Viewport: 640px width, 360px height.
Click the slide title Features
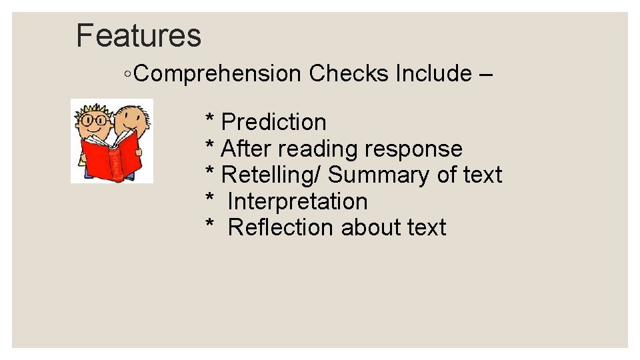(x=139, y=35)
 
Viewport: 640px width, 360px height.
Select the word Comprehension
(x=217, y=73)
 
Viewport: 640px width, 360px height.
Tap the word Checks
(x=349, y=73)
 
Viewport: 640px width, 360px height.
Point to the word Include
(x=433, y=73)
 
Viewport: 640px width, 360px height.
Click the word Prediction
(x=273, y=122)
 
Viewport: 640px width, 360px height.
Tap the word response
(x=413, y=149)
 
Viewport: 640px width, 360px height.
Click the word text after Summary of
(x=482, y=175)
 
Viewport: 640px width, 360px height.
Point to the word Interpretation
(x=297, y=201)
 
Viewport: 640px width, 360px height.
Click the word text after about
(x=427, y=227)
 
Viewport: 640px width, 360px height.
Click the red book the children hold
(x=111, y=157)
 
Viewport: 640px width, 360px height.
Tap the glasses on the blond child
(x=94, y=122)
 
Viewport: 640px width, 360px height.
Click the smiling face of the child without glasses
(x=131, y=121)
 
